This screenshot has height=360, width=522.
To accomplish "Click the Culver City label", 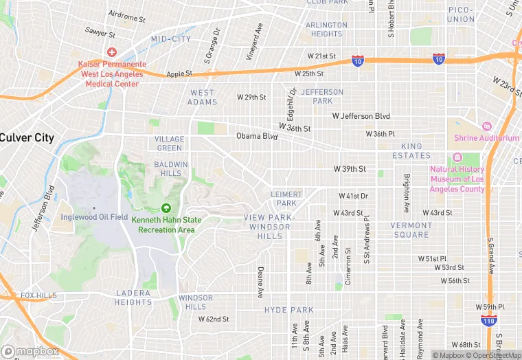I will tap(27, 137).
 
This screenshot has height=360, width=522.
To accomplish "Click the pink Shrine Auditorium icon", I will tap(486, 126).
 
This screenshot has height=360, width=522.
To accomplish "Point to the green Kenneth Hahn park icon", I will tap(165, 208).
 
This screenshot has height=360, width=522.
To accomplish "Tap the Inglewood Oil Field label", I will tap(95, 218).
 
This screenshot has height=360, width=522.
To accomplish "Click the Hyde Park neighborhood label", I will tap(288, 310).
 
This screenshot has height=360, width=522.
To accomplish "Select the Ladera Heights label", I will tap(133, 297).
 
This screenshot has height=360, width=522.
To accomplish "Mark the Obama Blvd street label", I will tap(257, 136).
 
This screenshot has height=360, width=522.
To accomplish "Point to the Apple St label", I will tap(179, 73).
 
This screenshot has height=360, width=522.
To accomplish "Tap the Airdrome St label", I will tap(128, 14).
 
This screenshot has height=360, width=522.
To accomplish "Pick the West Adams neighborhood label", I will tap(202, 98).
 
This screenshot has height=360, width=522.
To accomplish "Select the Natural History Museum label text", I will tap(457, 179).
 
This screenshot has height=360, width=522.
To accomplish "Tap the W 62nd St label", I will tap(214, 319).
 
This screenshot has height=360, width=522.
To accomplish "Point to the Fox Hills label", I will tap(38, 295).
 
